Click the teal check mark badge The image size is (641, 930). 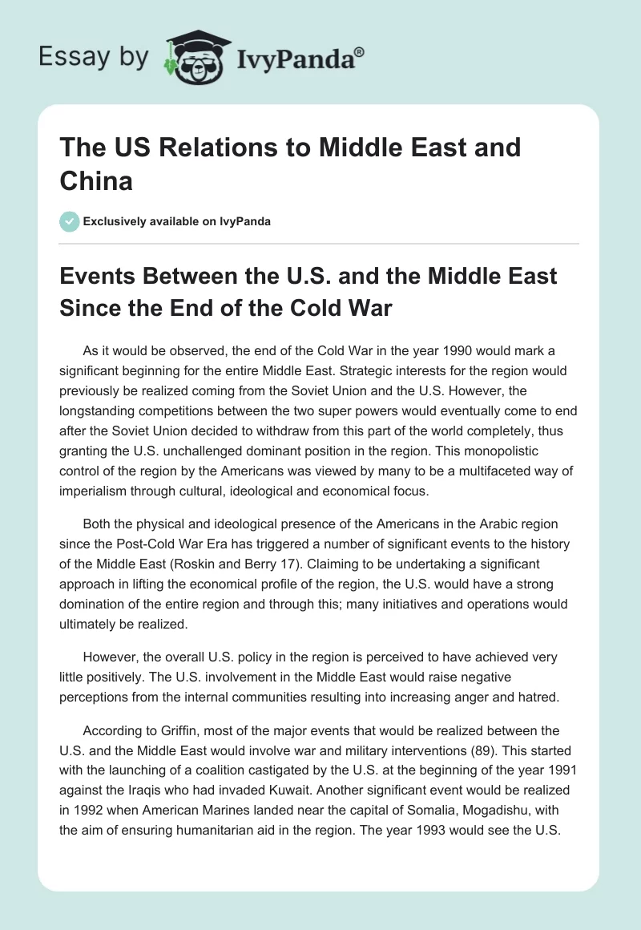(70, 221)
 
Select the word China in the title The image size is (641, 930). (96, 180)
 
